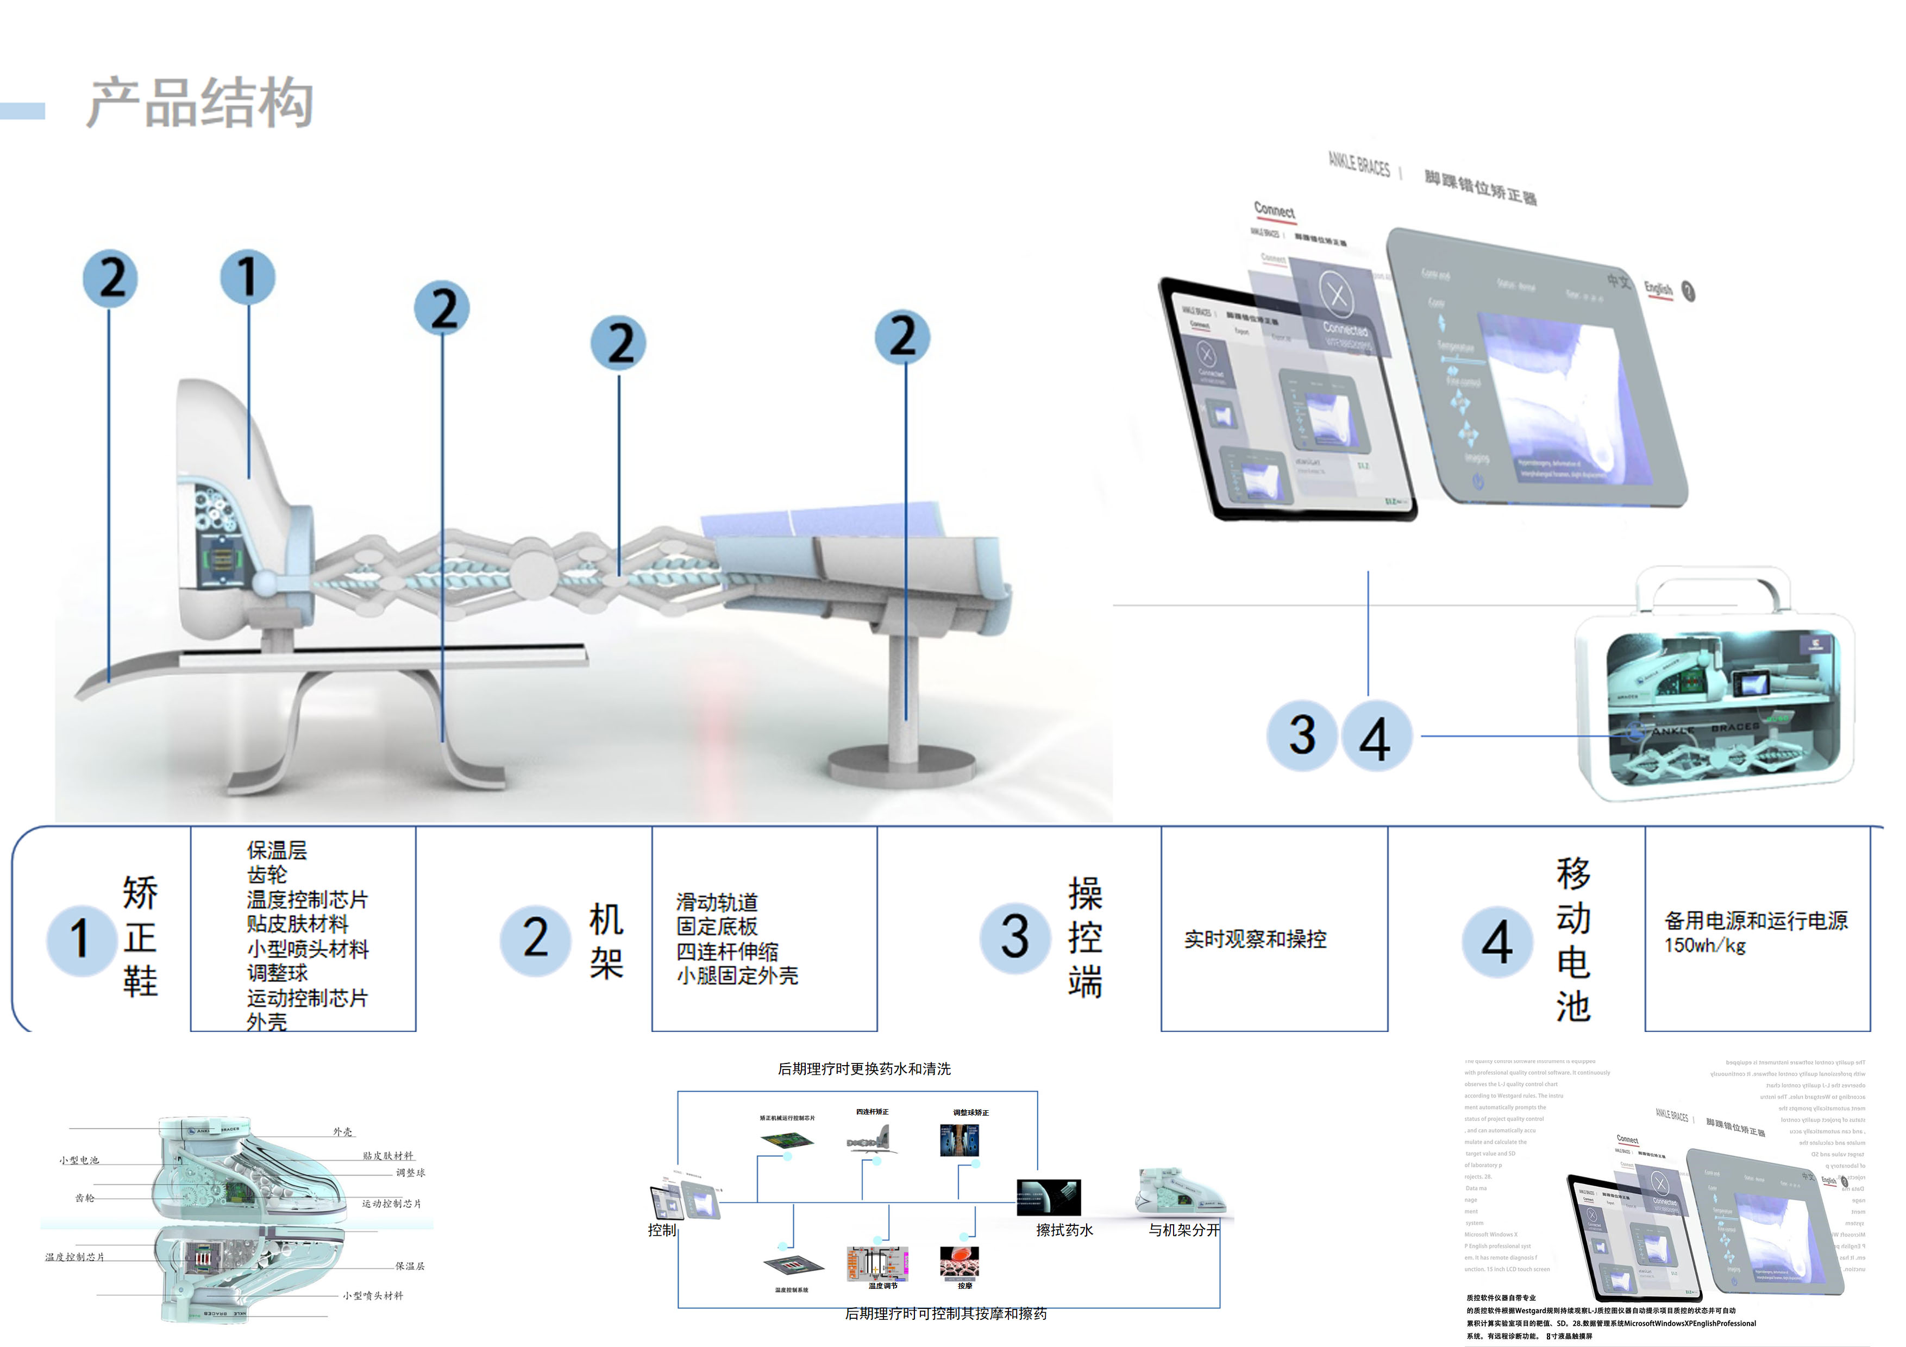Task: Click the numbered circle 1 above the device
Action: [x=247, y=276]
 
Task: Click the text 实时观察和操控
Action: [x=1255, y=939]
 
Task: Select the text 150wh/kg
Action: [x=1704, y=945]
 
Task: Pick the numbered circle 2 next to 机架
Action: [x=535, y=939]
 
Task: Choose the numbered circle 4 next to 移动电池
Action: [x=1497, y=942]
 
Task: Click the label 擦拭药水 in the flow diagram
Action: [x=1064, y=1230]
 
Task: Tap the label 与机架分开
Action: [x=1184, y=1230]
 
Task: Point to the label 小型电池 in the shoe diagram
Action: [x=79, y=1160]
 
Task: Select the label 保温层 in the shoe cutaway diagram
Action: [x=409, y=1266]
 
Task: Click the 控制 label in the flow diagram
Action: [x=662, y=1230]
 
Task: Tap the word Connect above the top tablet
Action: [x=1274, y=210]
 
